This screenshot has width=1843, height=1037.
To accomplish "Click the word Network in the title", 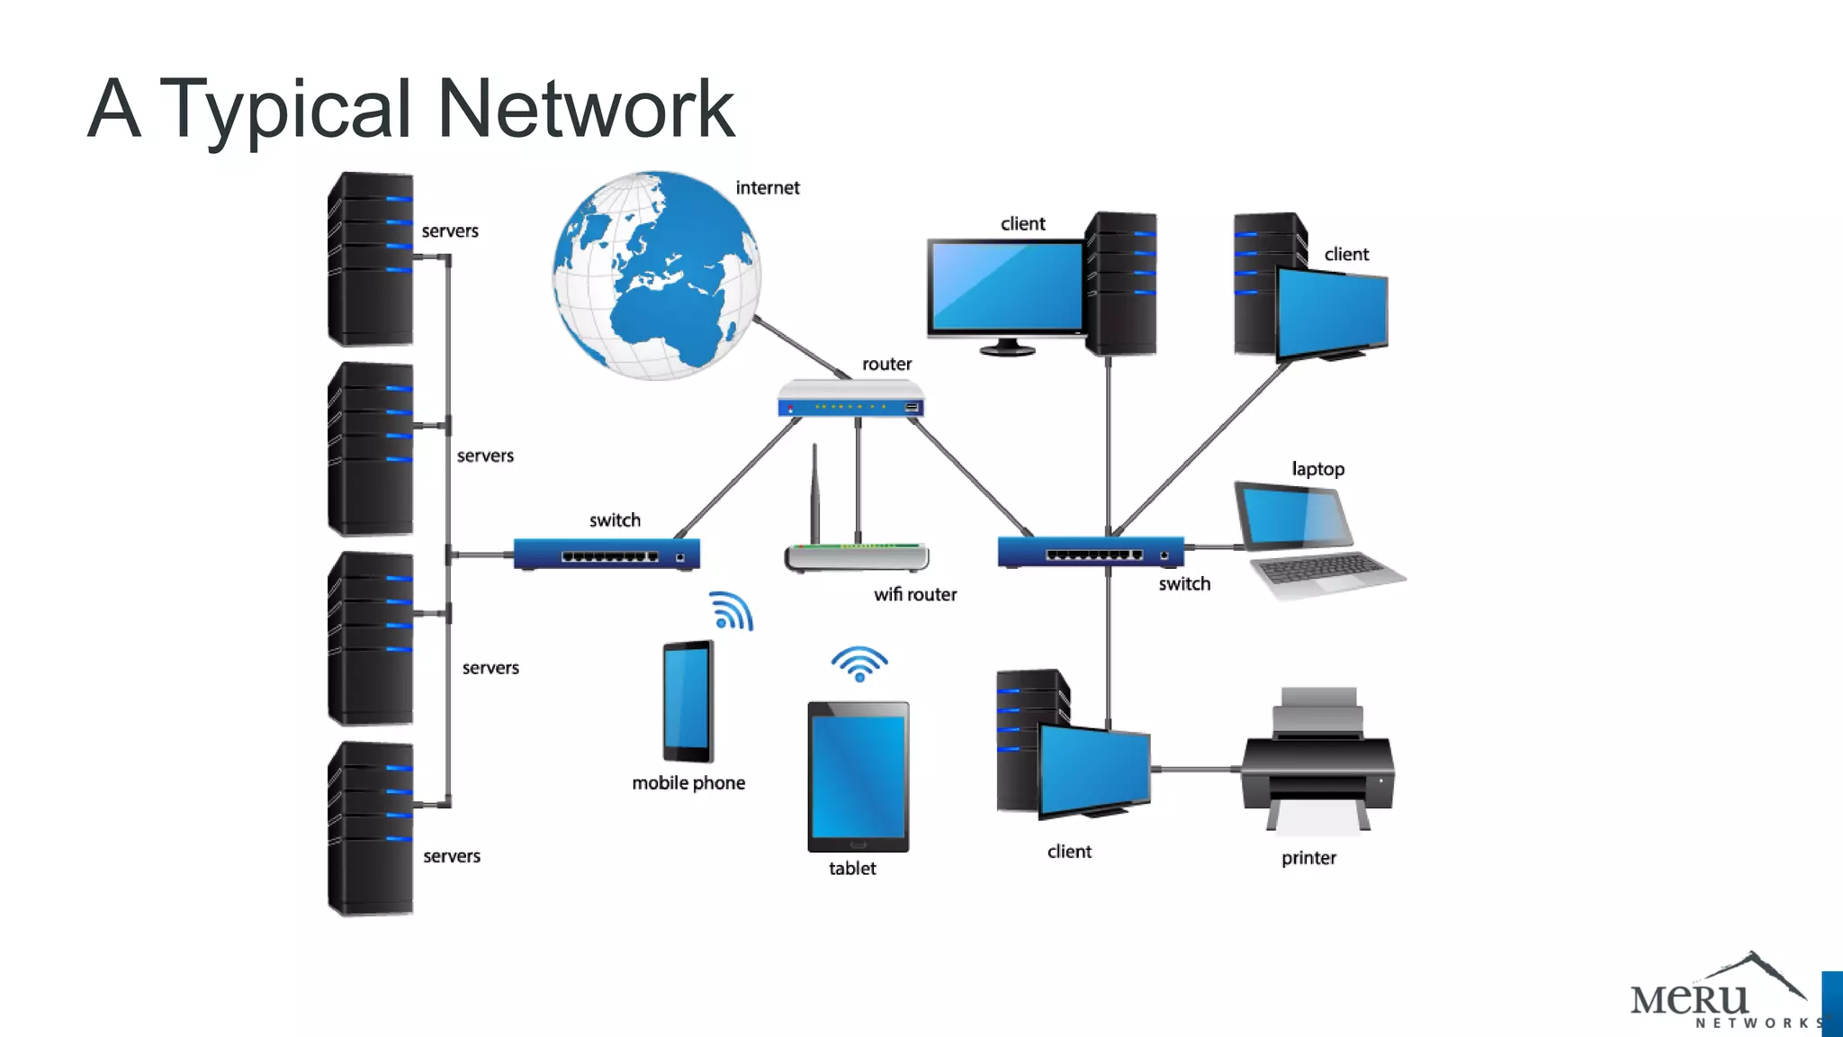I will [585, 109].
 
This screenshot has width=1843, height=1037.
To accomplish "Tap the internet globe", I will [657, 275].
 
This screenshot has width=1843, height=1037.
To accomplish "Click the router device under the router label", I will [850, 399].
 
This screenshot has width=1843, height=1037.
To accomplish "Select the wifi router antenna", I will [814, 491].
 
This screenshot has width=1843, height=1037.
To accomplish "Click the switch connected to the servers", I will [607, 554].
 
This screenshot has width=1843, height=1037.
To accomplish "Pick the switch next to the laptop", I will [1090, 552].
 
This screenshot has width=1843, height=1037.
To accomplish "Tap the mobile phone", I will [688, 701].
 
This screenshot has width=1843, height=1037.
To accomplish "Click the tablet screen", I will [858, 776].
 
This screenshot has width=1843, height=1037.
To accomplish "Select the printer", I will [1318, 765].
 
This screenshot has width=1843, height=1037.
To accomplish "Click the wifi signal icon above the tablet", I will [859, 664].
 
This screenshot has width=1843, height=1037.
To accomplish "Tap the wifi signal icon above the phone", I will [731, 611].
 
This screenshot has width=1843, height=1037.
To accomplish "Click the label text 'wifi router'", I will [915, 595].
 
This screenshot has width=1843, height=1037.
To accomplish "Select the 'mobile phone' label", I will [688, 783].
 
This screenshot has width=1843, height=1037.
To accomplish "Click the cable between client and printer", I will [1197, 770].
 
